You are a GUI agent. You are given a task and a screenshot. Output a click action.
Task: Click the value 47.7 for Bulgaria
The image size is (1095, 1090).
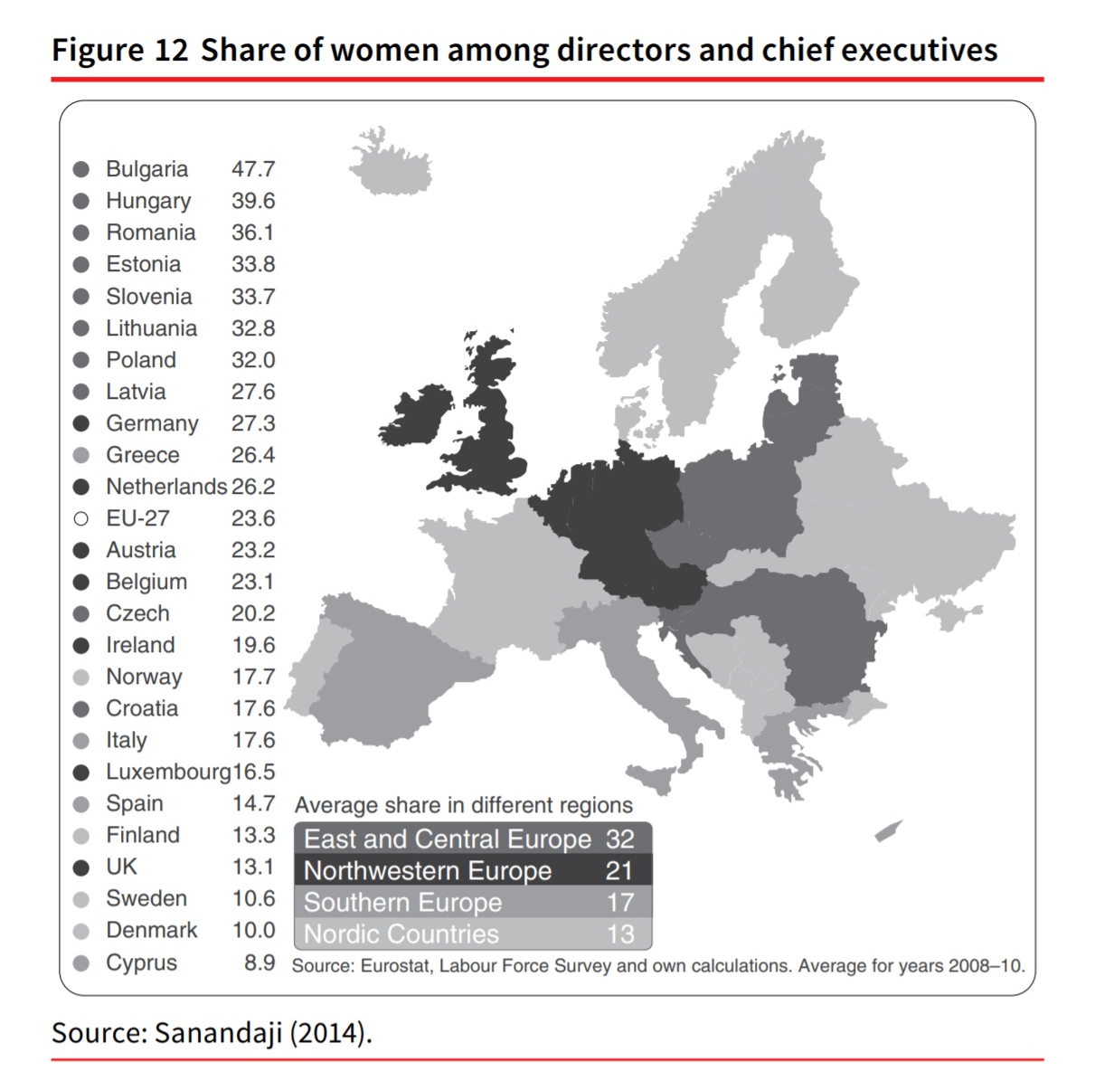point(252,169)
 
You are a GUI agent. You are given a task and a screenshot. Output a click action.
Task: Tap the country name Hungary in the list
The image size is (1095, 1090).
point(148,201)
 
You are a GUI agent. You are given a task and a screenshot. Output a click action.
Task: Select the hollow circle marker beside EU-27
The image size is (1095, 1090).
point(80,518)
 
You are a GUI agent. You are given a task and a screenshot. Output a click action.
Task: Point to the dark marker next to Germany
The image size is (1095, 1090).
point(80,423)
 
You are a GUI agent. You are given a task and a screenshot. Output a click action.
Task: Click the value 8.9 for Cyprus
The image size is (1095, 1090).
point(260,962)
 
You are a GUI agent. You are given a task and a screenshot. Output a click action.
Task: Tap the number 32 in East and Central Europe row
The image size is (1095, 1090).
point(620,839)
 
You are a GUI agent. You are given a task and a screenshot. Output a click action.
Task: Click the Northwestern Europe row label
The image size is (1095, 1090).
point(428,870)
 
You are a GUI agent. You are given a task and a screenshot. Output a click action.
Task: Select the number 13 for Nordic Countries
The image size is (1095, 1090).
point(620,934)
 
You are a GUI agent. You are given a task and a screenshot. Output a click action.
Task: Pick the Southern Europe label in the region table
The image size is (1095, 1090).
point(402,902)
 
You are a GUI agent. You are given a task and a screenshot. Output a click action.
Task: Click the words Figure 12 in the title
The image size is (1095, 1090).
point(119,50)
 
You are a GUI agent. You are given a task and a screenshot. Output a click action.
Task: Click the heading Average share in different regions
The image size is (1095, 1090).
point(463,805)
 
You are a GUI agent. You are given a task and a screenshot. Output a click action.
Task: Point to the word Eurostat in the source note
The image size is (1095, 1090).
point(397,966)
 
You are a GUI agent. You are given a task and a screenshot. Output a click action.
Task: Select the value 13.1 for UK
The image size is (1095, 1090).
point(252,867)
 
